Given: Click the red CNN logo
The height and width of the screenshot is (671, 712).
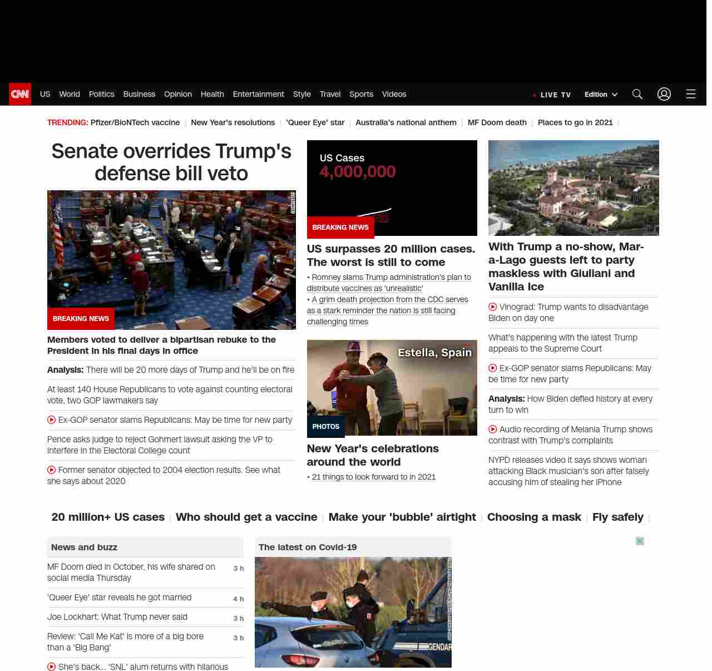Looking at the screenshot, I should click(20, 94).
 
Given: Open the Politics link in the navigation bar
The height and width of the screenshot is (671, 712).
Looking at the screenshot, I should click(101, 94).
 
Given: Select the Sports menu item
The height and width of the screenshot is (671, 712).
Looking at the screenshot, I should click(361, 94).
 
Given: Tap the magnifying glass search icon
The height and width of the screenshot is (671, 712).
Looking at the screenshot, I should click(637, 94).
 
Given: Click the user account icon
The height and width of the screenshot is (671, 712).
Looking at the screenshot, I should click(664, 94).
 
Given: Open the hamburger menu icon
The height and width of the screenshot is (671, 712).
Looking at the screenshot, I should click(691, 94).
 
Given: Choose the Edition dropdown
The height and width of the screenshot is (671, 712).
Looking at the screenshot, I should click(601, 95).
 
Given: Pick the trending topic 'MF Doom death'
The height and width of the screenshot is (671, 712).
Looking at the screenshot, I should click(497, 122).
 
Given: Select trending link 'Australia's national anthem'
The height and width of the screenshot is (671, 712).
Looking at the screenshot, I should click(406, 122).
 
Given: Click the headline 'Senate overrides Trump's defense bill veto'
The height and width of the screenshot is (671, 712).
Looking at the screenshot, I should click(171, 162).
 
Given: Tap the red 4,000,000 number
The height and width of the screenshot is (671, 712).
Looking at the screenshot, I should click(358, 171).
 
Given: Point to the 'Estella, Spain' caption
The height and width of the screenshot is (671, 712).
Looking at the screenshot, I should click(434, 352).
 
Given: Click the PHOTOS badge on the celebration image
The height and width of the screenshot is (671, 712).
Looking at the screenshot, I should click(326, 427).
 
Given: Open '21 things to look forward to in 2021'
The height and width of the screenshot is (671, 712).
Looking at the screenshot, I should click(374, 477).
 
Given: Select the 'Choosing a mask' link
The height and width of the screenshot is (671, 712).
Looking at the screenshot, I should click(534, 517).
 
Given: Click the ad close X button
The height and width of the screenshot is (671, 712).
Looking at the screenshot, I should click(640, 541).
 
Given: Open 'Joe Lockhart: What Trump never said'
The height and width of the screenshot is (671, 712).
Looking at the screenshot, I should click(117, 617).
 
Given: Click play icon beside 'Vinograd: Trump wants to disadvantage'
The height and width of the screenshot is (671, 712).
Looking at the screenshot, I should click(493, 307).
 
